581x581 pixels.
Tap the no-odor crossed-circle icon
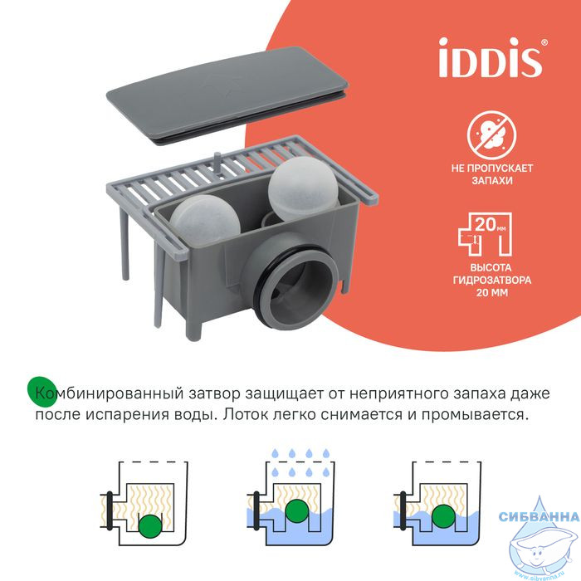(x=491, y=134)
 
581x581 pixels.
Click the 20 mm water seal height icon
(x=486, y=234)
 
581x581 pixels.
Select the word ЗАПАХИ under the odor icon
(x=492, y=181)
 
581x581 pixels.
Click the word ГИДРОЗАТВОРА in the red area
(x=492, y=280)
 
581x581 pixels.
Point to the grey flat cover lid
(x=227, y=95)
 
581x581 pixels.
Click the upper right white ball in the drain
(x=304, y=188)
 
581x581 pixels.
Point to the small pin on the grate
(x=217, y=163)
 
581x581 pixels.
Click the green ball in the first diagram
(x=150, y=525)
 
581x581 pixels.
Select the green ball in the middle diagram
(x=297, y=511)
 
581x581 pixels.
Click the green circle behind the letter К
(x=42, y=392)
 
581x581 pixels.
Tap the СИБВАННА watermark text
(x=539, y=516)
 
